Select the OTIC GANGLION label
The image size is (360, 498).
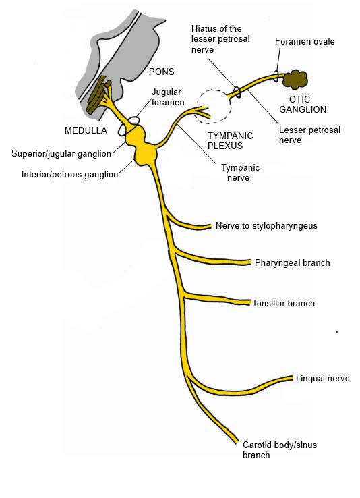[x=303, y=104]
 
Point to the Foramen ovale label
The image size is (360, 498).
[x=305, y=42]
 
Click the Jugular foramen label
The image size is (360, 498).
[x=167, y=97]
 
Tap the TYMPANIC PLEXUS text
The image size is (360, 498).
[x=230, y=140]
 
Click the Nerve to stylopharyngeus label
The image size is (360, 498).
[x=266, y=225]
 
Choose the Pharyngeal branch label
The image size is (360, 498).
[x=292, y=262]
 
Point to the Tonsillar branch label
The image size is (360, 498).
[x=283, y=303]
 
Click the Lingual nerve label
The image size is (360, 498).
[x=322, y=379]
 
